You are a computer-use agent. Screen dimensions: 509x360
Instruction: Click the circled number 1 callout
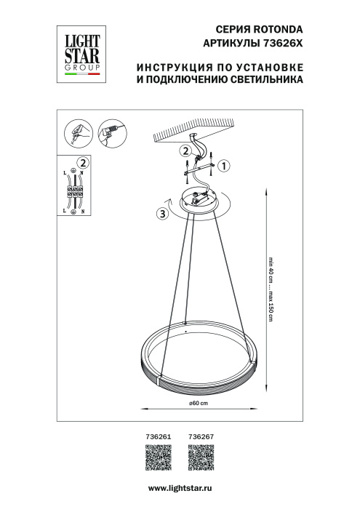(225, 166)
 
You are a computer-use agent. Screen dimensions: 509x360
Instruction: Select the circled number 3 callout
(162, 214)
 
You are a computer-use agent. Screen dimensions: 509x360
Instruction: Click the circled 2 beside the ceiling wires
(185, 151)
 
